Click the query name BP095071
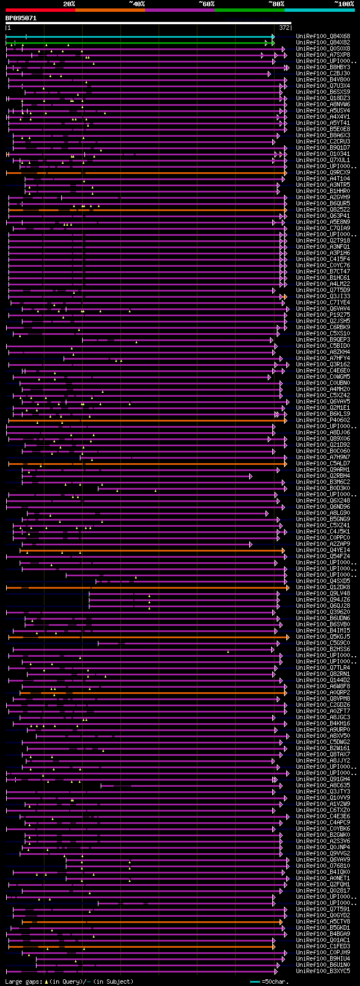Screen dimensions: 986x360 21,18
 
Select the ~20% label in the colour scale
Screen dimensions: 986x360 69,4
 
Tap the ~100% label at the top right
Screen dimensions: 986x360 344,4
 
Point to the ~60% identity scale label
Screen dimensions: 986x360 206,4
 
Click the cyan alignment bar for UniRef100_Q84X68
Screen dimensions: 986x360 141,37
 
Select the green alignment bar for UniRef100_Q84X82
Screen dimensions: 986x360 141,43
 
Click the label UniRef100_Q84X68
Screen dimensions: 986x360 323,37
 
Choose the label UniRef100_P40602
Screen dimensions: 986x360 323,420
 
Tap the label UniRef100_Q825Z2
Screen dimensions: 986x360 323,210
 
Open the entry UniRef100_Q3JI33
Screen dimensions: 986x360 323,297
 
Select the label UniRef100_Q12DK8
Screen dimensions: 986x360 323,588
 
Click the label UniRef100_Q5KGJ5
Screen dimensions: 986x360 323,637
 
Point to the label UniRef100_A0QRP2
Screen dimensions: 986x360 323,693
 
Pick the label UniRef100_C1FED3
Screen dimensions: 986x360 323,947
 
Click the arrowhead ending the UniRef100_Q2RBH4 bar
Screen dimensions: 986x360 251,476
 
